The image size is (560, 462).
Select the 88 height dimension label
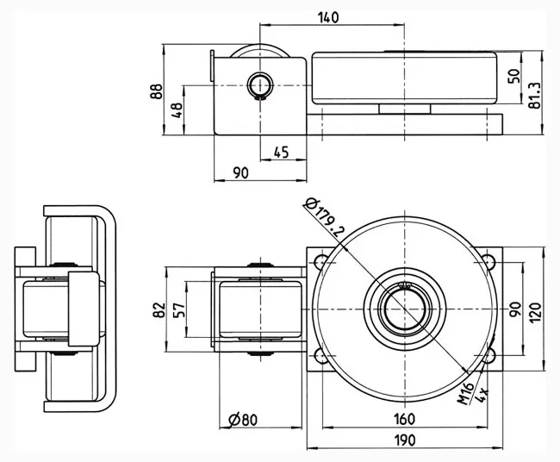tap(155, 91)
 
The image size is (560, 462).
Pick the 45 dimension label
tap(281, 152)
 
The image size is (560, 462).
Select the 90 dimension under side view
tap(240, 173)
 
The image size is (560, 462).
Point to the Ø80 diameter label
tap(243, 420)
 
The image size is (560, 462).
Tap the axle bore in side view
tap(259, 84)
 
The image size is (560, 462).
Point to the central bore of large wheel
tap(404, 308)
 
